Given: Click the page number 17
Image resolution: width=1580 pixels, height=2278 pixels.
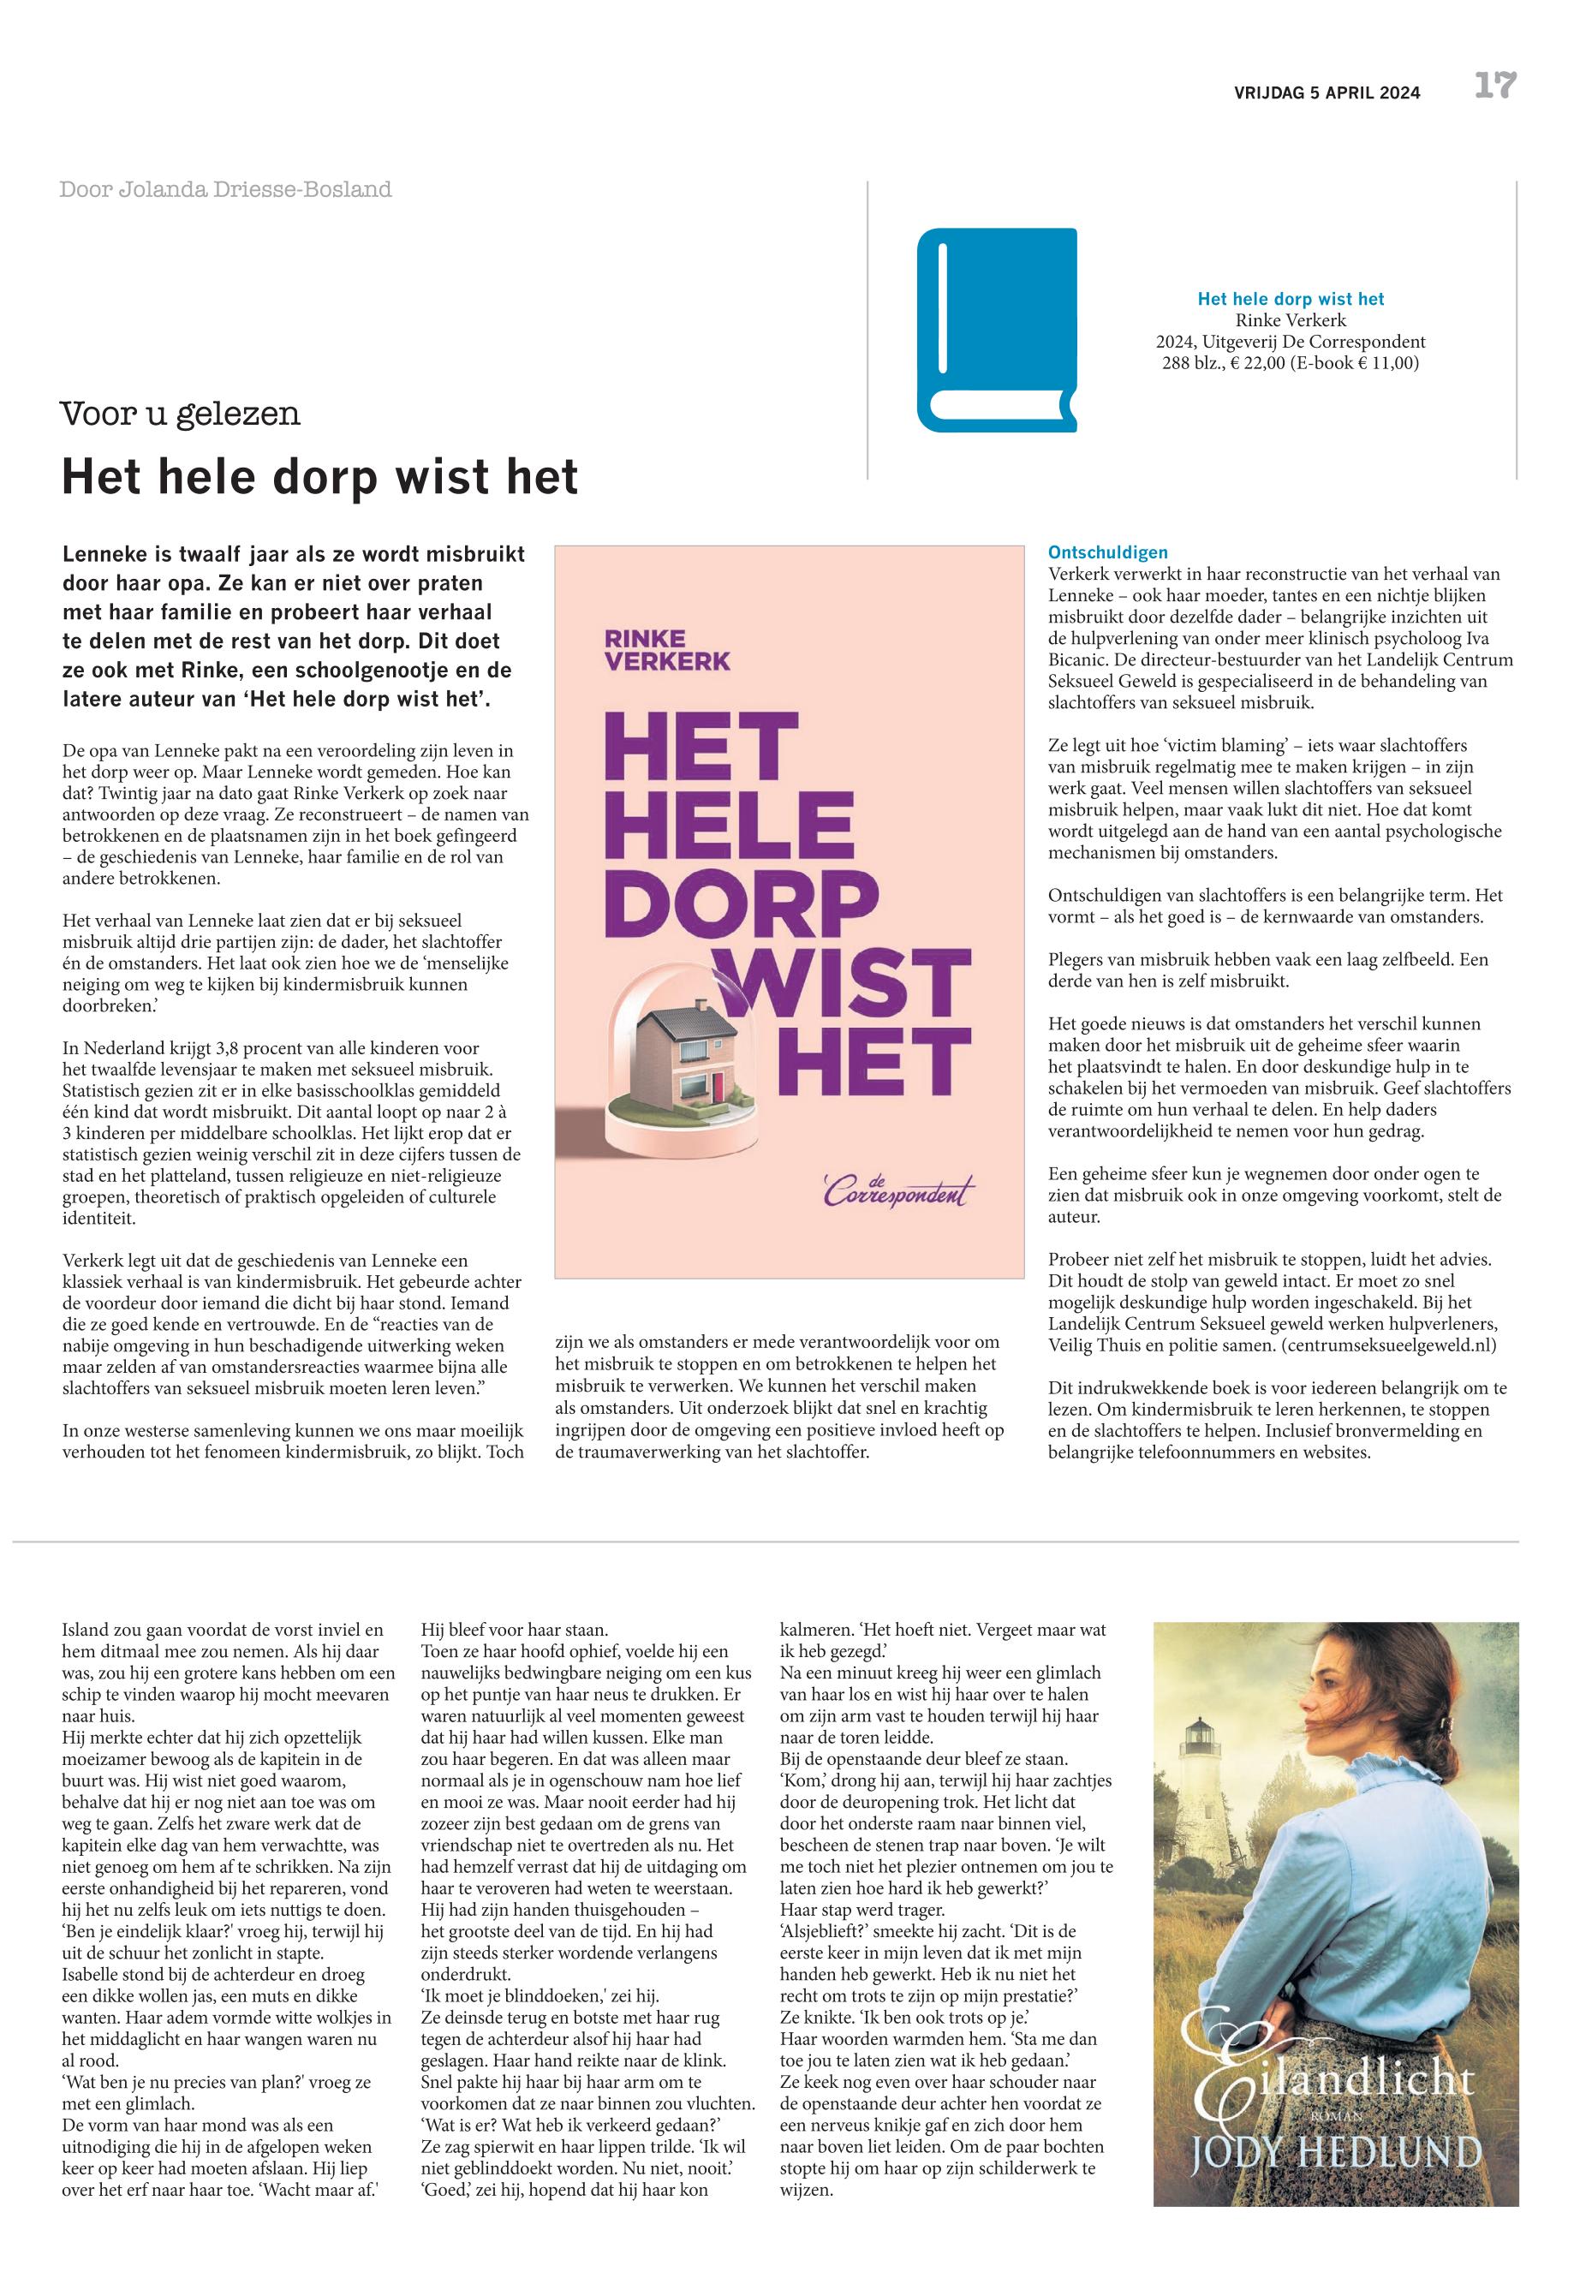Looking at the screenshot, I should point(1495,86).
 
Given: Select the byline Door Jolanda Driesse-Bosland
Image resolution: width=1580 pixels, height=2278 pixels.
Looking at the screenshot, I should point(226,189).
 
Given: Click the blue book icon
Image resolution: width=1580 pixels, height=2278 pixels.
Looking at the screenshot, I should point(996,330).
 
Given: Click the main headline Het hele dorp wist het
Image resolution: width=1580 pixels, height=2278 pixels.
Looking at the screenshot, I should point(319,477).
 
